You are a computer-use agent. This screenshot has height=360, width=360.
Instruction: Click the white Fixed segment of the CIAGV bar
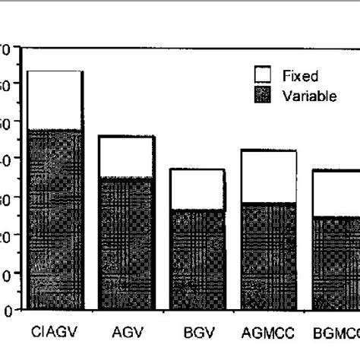pyautogui.click(x=55, y=100)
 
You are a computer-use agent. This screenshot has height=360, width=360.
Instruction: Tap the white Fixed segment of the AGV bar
pyautogui.click(x=126, y=157)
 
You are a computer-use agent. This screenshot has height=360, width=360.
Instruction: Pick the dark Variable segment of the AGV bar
pyautogui.click(x=126, y=243)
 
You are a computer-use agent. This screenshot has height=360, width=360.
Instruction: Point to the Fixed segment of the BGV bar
pyautogui.click(x=197, y=189)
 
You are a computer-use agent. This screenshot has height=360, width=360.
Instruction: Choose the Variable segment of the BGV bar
pyautogui.click(x=197, y=259)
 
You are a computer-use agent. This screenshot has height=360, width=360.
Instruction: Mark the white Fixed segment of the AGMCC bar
pyautogui.click(x=268, y=176)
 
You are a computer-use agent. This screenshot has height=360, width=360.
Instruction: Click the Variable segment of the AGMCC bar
pyautogui.click(x=268, y=255)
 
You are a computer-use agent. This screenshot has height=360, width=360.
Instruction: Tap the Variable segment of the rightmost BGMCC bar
pyautogui.click(x=336, y=263)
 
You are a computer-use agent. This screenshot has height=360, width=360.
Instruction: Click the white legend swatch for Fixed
pyautogui.click(x=262, y=74)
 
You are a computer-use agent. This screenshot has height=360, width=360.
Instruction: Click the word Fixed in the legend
pyautogui.click(x=300, y=75)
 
